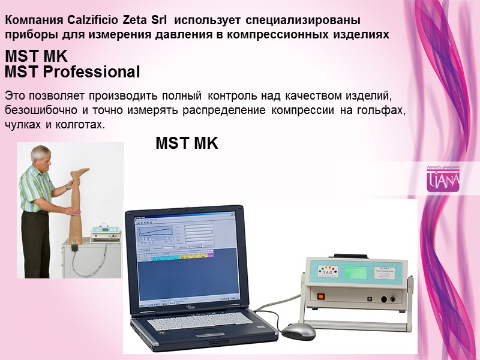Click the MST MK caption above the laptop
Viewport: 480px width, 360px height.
(x=187, y=144)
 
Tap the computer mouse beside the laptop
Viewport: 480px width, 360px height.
(x=298, y=331)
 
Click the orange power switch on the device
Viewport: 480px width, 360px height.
(x=320, y=295)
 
